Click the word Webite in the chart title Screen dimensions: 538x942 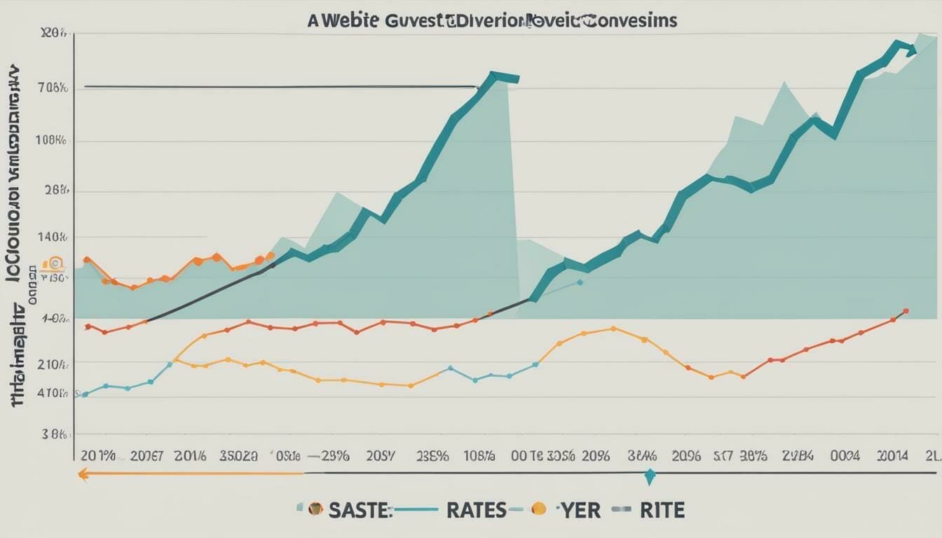coord(348,20)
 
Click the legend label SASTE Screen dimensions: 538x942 coord(358,510)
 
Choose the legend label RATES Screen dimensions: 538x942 coord(476,510)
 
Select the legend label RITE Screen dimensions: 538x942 coord(662,510)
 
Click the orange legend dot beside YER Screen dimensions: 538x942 coord(539,509)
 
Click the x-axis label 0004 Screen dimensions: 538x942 coord(845,455)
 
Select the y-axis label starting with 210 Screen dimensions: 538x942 coord(54,364)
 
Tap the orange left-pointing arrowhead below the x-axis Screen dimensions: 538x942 coord(83,474)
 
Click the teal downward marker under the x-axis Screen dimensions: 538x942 coord(650,477)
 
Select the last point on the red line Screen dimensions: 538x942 coord(906,311)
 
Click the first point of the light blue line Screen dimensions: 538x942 coord(85,394)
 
